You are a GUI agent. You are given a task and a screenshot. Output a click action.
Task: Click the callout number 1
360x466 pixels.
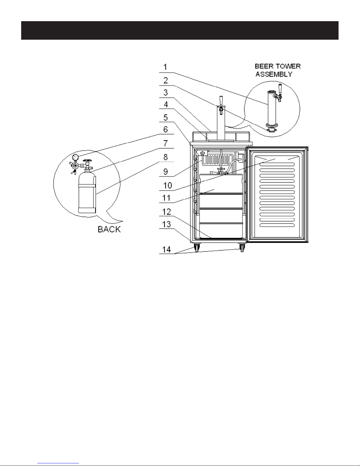[x=165, y=67]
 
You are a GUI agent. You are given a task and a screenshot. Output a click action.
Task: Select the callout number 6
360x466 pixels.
[x=165, y=129]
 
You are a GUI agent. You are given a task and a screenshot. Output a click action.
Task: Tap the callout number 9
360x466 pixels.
[x=165, y=172]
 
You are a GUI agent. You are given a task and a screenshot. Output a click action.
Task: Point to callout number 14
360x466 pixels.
[x=166, y=249]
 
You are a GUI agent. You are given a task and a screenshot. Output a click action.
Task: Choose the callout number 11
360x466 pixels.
[x=166, y=198]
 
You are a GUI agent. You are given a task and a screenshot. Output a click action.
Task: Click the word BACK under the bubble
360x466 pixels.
[x=109, y=229]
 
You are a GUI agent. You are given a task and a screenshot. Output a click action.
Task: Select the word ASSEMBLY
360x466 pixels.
[x=274, y=74]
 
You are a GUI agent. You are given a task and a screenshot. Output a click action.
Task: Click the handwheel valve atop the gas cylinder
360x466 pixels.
[x=87, y=161]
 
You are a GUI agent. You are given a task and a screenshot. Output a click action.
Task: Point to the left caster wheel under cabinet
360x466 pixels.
[x=197, y=248]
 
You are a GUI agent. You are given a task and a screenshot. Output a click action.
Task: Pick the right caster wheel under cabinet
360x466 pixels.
[x=242, y=248]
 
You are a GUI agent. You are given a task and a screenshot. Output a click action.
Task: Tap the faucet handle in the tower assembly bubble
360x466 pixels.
[x=280, y=89]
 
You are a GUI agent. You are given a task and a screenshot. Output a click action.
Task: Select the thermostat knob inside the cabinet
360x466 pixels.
[x=203, y=153]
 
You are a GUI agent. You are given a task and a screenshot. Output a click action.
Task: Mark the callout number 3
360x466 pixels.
[x=165, y=93]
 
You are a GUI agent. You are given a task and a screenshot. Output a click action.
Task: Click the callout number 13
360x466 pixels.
[x=166, y=224]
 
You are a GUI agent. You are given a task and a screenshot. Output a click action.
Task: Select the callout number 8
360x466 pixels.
[x=165, y=157]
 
